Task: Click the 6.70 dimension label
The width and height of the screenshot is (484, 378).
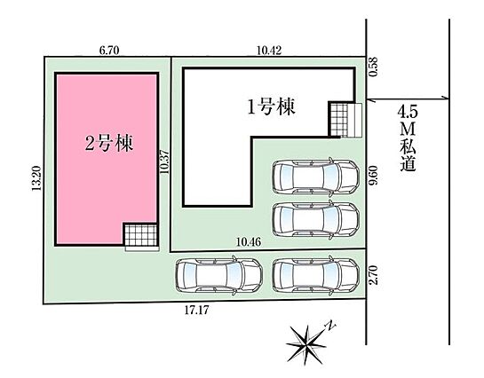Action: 109,51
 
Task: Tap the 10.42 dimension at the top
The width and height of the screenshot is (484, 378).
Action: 269,50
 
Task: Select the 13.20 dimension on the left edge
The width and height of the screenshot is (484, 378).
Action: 36,178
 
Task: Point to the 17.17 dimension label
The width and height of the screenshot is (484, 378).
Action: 196,310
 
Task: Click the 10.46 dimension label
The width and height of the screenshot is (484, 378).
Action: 249,242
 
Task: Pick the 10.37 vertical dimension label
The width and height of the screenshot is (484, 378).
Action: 164,161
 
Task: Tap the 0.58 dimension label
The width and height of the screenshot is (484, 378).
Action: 373,67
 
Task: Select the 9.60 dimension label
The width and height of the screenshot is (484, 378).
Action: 373,175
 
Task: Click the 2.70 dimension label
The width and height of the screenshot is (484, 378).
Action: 373,275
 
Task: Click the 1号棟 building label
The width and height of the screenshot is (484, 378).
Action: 272,106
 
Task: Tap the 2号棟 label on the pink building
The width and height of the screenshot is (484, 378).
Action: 109,143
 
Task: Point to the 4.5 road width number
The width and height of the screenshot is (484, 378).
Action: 408,112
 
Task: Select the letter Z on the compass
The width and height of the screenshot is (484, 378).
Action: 331,325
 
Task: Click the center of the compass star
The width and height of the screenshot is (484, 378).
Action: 306,344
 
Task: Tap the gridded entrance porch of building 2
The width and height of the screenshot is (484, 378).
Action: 140,235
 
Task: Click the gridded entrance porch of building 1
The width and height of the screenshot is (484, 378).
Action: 338,120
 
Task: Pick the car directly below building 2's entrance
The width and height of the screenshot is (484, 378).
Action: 218,275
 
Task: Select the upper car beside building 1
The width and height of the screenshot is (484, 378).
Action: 316,177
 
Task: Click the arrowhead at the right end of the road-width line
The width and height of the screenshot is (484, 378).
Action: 447,98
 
